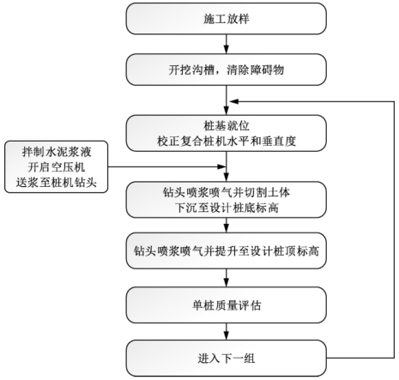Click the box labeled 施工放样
point(226,19)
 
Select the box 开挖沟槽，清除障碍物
point(226,69)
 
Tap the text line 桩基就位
point(227,126)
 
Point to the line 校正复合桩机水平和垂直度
point(227,142)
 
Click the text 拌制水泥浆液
point(57,152)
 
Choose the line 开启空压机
point(57,167)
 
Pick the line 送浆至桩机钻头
point(57,183)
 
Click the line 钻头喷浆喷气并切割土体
point(227,192)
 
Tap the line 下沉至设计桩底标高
point(227,208)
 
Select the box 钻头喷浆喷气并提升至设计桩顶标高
point(226,250)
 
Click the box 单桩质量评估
point(226,305)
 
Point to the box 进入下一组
point(226,358)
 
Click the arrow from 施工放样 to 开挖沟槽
point(227,44)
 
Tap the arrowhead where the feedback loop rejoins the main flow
point(233,101)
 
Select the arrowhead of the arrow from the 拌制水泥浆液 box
point(222,166)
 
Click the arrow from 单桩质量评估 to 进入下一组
point(227,331)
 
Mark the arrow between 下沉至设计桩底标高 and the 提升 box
point(227,225)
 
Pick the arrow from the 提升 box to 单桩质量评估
point(227,278)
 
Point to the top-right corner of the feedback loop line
point(394,101)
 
